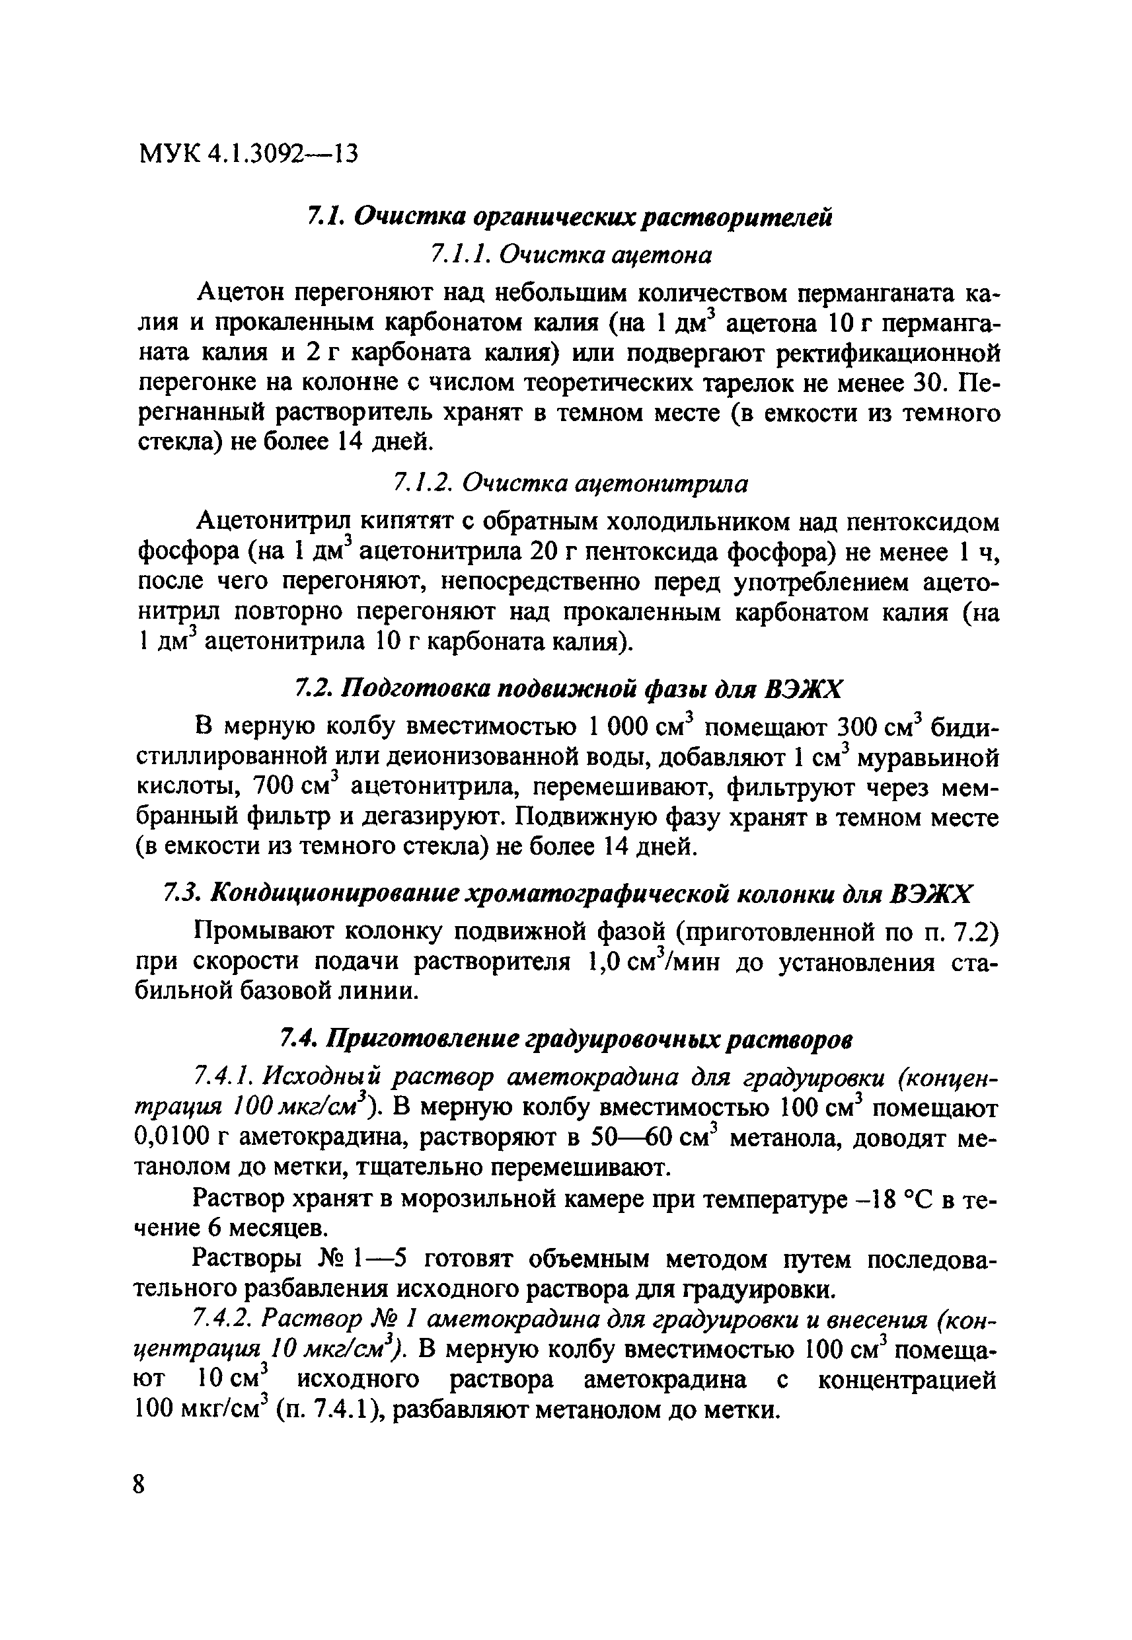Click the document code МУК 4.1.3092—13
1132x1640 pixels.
tap(248, 153)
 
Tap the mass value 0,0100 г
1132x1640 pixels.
tap(182, 1138)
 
